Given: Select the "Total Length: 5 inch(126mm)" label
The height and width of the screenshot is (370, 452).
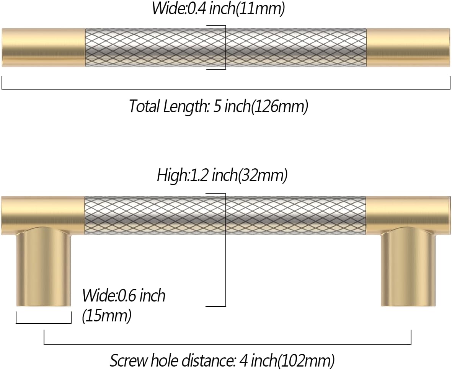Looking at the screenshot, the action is pos(218,106).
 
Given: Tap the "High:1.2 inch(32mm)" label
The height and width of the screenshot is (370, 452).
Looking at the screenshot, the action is pos(222,175).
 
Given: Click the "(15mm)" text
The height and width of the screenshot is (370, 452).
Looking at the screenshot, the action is pos(107,316).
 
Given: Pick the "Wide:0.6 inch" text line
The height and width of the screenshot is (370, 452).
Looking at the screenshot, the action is pos(124,296).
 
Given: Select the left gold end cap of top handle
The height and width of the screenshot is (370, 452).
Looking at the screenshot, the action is pos(43,47).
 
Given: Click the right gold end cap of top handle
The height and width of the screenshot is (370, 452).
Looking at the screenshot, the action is pos(408,47).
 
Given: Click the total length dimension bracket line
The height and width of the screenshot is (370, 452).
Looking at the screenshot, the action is pos(226,89).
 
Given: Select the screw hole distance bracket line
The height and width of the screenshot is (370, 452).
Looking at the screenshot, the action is pos(227,344).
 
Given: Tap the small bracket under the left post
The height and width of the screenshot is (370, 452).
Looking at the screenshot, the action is pos(44,323).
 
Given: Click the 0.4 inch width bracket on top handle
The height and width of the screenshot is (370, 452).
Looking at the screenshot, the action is pos(225,47).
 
